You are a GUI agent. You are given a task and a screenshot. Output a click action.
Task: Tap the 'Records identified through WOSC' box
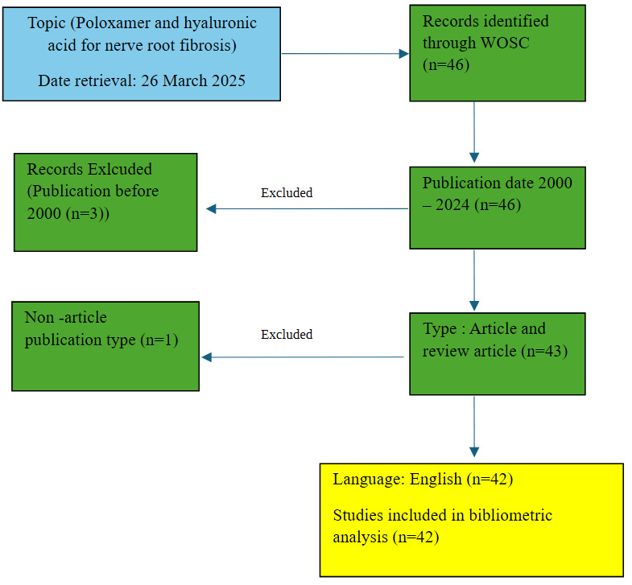[497, 53]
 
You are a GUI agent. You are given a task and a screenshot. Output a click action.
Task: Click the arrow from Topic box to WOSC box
[345, 54]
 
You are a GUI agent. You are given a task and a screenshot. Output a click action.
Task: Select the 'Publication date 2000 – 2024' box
[497, 207]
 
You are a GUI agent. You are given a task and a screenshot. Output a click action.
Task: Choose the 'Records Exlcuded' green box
[105, 202]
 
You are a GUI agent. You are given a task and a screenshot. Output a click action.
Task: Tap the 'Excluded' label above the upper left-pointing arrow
[287, 193]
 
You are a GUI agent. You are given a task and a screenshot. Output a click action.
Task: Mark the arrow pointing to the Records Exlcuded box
[307, 208]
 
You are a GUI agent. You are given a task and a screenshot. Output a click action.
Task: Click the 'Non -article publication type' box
[105, 346]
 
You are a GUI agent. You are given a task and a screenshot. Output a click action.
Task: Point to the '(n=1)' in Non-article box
[158, 340]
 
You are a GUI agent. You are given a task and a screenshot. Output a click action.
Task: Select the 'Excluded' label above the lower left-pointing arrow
[287, 334]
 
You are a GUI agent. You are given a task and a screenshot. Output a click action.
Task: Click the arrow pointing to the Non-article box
[302, 357]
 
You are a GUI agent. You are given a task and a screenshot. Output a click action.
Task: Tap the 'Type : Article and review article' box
[497, 352]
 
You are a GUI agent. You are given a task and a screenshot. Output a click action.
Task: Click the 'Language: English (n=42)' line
[423, 480]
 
